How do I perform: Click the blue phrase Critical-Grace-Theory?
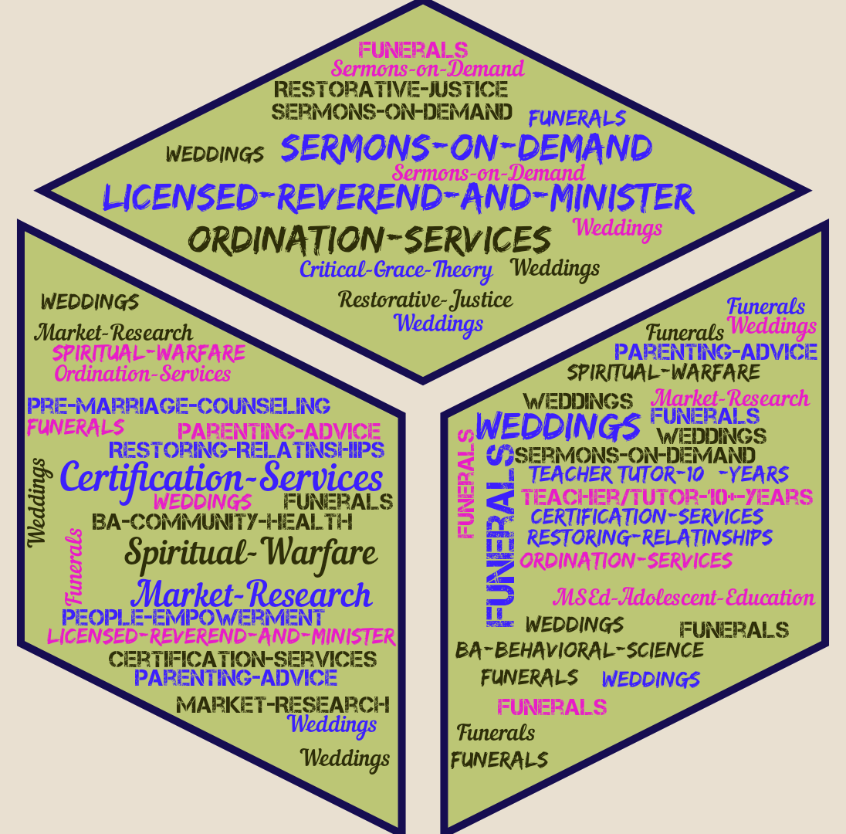coord(396,270)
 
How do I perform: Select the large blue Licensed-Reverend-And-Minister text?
coord(398,198)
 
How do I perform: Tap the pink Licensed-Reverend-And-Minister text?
coord(222,637)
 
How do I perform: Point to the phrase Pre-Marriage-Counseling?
coord(178,405)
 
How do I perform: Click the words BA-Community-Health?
coord(222,522)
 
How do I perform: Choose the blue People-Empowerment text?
coord(193,618)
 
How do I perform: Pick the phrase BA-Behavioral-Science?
coord(579,650)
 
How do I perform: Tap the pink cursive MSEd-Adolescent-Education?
coord(684,598)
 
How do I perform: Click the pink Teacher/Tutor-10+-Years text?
coord(667,497)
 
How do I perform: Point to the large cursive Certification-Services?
coord(222,478)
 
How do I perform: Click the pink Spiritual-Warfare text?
coord(149,354)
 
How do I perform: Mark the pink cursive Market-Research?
coord(730,398)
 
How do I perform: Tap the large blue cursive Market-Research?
coord(252,595)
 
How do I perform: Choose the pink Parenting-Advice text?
coord(279,431)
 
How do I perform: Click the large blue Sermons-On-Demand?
coord(466,147)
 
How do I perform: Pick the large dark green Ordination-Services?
coord(371,239)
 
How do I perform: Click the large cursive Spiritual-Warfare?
coord(251,553)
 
